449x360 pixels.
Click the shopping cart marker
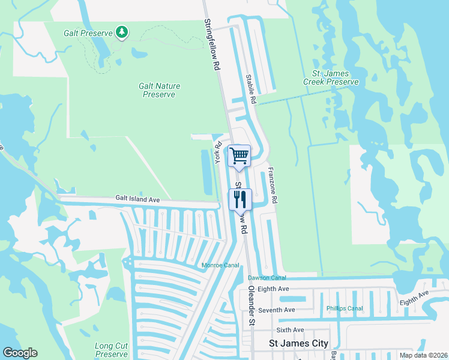tap(240, 156)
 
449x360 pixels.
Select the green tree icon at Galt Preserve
tap(122, 32)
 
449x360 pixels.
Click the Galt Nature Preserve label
tap(160, 90)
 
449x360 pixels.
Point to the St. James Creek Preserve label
tap(331, 77)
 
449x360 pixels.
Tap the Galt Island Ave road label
tap(138, 198)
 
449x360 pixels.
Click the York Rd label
tap(219, 150)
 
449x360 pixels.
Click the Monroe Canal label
tap(219, 265)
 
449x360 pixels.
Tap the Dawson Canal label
tap(267, 278)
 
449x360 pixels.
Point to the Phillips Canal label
tap(345, 308)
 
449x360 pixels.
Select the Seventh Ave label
tap(281, 310)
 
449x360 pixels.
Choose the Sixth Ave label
tap(290, 330)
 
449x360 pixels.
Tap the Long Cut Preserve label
tap(112, 350)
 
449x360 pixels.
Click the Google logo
tap(20, 353)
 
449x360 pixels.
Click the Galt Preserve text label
tap(88, 32)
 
